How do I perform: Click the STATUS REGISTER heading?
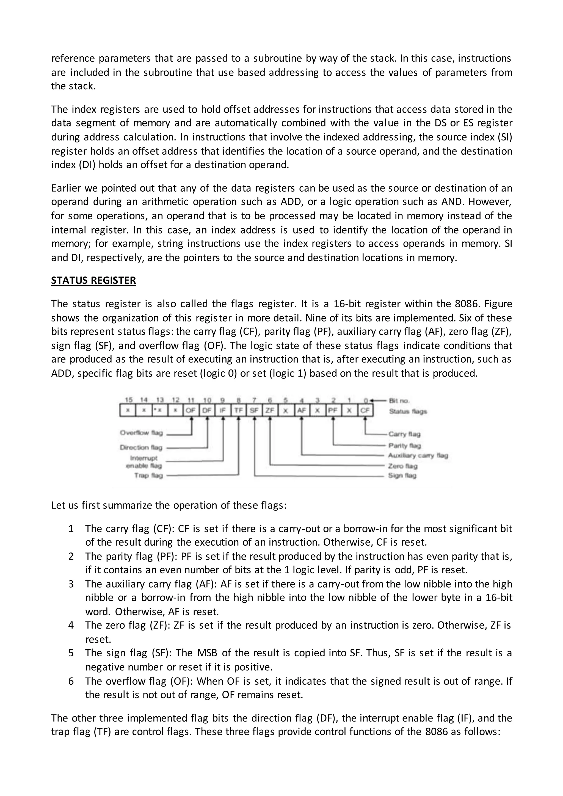coord(93,280)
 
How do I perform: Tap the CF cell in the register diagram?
coord(365,410)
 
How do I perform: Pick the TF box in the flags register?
coord(239,410)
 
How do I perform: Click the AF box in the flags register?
coord(302,410)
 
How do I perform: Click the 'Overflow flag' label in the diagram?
coord(142,433)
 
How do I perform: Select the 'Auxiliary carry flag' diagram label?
coord(418,455)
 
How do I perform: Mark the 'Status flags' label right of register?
coord(408,411)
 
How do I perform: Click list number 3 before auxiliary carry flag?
coord(71,584)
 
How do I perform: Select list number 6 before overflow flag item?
coord(71,681)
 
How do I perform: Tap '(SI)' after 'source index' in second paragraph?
coord(505,137)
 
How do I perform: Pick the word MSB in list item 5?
coord(207,653)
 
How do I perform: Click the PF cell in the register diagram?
coord(333,410)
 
